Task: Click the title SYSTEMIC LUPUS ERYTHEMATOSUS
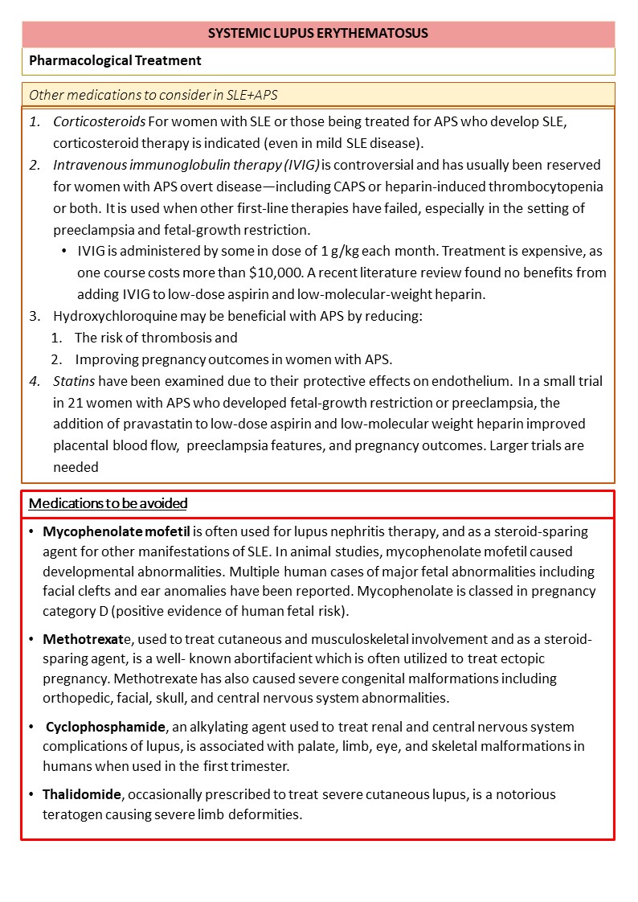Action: [x=318, y=34]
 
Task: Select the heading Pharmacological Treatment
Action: [x=115, y=60]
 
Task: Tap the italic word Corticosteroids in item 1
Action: [x=100, y=122]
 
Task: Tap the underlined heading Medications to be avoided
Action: [x=108, y=504]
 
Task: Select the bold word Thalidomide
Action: [x=82, y=794]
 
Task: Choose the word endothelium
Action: [x=470, y=380]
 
